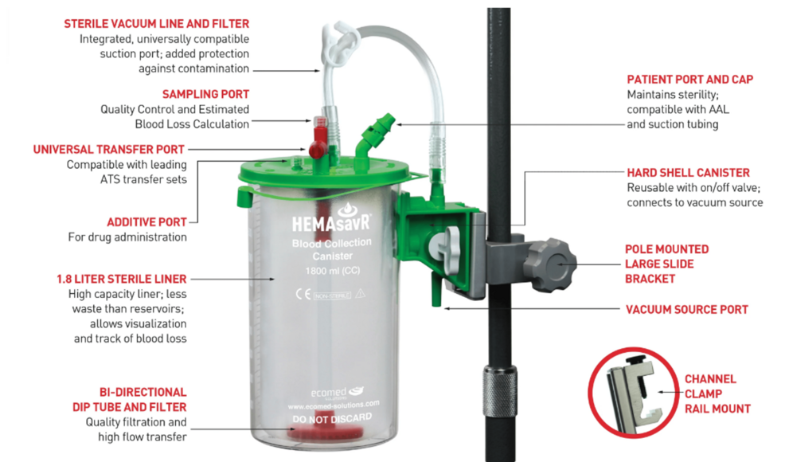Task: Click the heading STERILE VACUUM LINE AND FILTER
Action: point(156,24)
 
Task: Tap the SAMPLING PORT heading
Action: point(205,94)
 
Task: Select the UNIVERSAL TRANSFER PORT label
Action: point(108,149)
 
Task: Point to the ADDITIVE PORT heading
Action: point(146,222)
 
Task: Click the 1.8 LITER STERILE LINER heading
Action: point(122,279)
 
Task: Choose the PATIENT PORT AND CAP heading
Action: point(690,79)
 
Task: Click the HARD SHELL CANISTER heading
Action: point(689,173)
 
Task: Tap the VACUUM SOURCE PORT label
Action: point(687,310)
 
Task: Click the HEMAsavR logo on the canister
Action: point(331,220)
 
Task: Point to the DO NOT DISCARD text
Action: point(332,418)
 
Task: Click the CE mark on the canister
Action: point(303,294)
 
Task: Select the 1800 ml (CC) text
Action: point(333,271)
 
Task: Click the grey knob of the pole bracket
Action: point(553,264)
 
